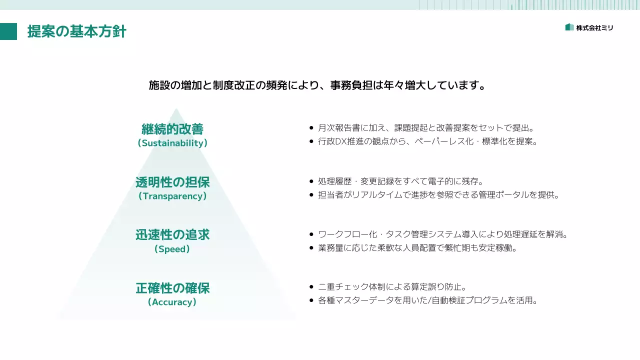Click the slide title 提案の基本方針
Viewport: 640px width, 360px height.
76,31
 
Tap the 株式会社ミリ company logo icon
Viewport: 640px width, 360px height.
569,27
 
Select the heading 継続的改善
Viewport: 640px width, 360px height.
172,129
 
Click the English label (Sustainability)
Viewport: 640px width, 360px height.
172,143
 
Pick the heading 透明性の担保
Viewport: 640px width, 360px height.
172,182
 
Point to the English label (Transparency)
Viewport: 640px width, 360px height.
172,196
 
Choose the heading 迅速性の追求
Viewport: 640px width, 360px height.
172,235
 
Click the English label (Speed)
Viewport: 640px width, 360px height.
172,249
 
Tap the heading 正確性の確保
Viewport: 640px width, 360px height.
172,288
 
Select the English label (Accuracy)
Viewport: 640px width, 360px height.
172,302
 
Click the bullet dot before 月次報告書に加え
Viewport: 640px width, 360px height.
311,128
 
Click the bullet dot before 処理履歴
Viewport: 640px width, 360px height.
311,181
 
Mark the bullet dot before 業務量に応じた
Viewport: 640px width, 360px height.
311,248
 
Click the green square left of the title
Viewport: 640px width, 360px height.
8,31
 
